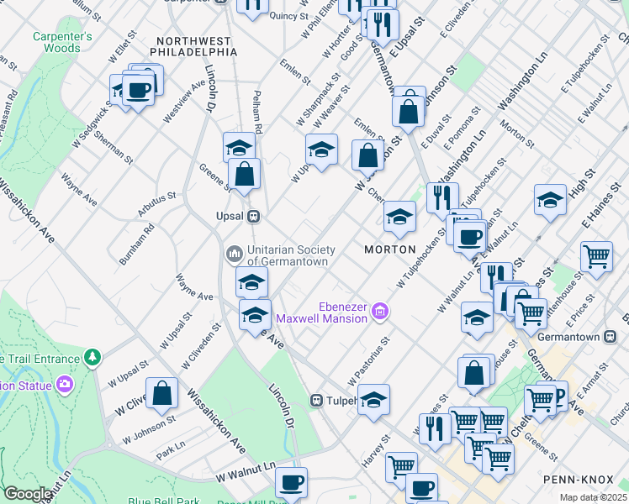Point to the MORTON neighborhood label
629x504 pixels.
pos(390,249)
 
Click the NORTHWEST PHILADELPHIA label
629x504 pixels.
pos(193,46)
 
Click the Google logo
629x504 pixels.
pos(28,494)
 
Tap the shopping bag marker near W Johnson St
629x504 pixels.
pos(163,393)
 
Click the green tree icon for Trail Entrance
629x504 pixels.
pos(92,358)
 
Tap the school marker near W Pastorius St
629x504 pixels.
pos(373,400)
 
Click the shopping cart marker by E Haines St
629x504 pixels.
pos(596,256)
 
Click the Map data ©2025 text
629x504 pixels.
pos(594,497)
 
